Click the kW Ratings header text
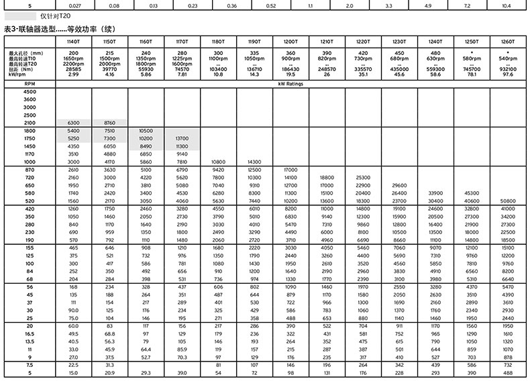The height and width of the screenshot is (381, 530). pyautogui.click(x=290, y=85)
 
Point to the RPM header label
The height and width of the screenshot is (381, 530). pyautogui.click(x=30, y=85)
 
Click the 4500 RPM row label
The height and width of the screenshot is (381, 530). pyautogui.click(x=30, y=91)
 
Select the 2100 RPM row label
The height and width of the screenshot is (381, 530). pyautogui.click(x=30, y=123)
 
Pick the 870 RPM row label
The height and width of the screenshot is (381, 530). pyautogui.click(x=30, y=171)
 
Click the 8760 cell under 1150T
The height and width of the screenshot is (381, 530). pyautogui.click(x=110, y=123)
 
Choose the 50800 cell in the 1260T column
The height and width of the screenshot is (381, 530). pyautogui.click(x=507, y=201)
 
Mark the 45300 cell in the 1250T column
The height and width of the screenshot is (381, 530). pyautogui.click(x=471, y=193)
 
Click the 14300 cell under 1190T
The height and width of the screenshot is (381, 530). pyautogui.click(x=254, y=162)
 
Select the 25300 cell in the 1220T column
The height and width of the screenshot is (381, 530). pyautogui.click(x=363, y=178)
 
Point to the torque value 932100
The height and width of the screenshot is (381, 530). pyautogui.click(x=508, y=69)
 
